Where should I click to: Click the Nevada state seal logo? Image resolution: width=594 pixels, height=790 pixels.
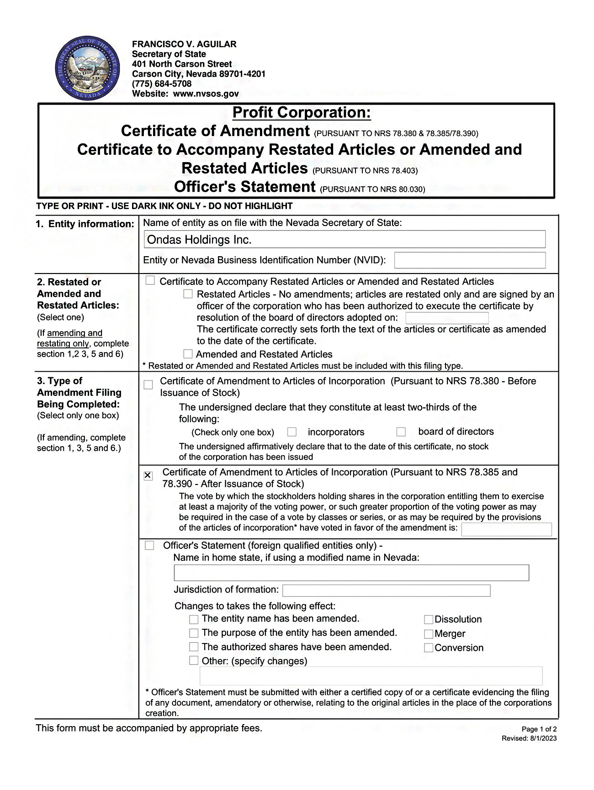coord(87,69)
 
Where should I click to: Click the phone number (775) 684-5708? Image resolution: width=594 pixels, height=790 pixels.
coord(161,84)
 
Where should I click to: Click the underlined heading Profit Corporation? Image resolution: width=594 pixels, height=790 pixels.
coord(301,112)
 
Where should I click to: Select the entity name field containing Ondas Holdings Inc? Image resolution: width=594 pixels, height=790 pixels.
coord(345,239)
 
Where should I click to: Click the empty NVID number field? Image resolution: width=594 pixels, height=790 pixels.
coord(470,260)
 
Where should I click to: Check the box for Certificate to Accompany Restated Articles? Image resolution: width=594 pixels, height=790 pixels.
coord(150,281)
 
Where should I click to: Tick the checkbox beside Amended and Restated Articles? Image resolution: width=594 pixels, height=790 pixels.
coord(188,354)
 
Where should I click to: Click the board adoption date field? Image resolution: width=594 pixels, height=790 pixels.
coord(447,318)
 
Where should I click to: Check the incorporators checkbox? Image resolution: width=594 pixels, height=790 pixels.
coord(292,432)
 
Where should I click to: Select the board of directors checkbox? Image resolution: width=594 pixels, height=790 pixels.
coord(401,432)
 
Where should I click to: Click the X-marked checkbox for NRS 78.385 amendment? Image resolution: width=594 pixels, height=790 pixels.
coord(148,476)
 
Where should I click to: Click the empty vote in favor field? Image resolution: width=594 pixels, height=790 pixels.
coord(506,529)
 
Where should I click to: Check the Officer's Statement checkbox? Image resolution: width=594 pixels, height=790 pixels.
coord(149,546)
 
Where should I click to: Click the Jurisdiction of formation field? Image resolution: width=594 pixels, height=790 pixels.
coord(386,590)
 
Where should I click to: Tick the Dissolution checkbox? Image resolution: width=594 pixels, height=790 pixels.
coord(429,620)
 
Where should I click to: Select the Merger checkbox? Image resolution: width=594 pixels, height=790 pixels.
coord(429,634)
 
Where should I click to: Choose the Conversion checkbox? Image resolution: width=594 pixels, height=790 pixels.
coord(429,648)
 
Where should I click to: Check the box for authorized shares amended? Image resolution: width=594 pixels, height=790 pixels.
coord(194,647)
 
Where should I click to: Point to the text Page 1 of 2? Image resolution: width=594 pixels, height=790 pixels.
coord(539,729)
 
